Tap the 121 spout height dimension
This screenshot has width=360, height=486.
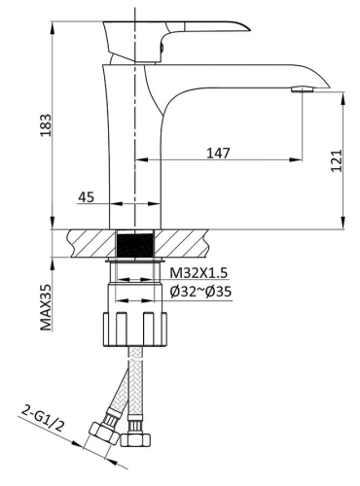coord(336,160)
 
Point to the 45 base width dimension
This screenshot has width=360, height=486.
coord(86,196)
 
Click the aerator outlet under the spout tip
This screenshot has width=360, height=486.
coord(303,89)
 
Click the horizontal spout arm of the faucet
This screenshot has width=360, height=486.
coord(234,74)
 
